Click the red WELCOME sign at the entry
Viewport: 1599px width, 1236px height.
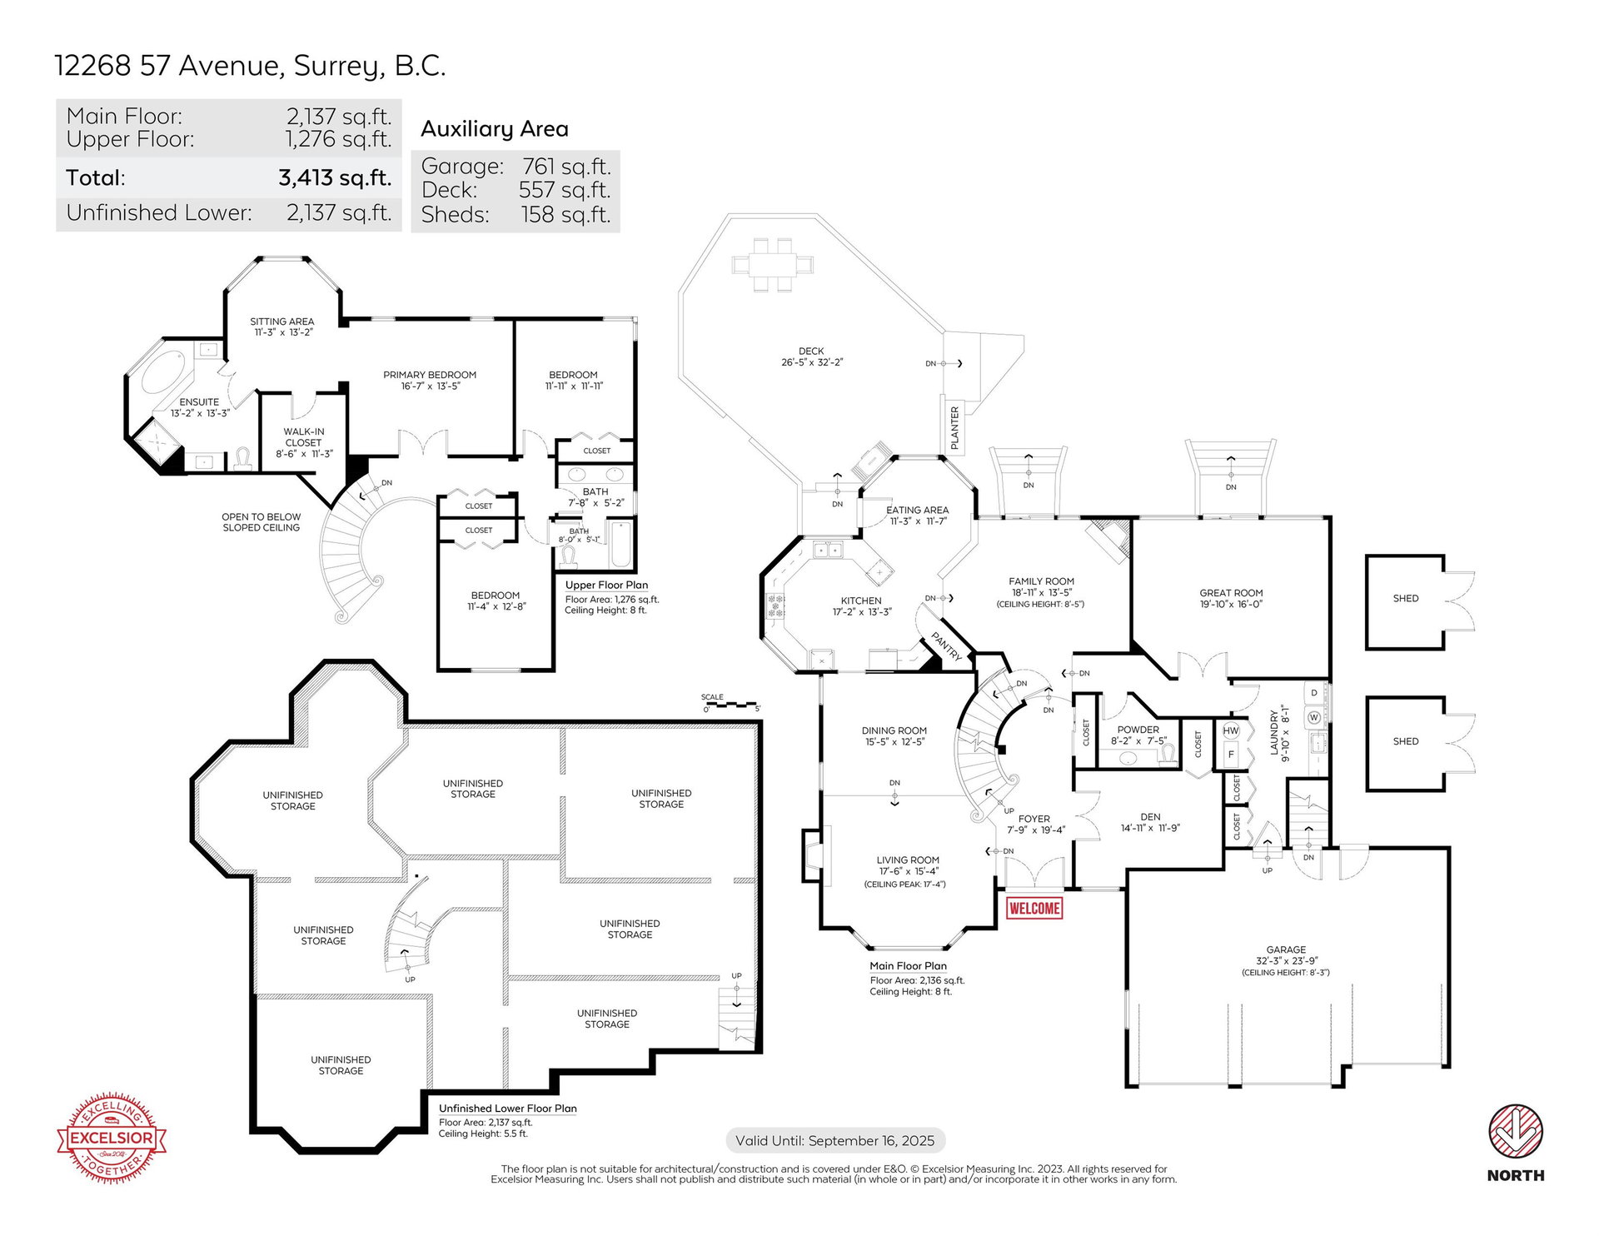tap(1034, 908)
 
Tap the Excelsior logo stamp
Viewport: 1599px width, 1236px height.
tap(112, 1137)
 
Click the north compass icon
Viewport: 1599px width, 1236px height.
tap(1516, 1132)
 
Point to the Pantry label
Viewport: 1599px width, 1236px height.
tap(947, 645)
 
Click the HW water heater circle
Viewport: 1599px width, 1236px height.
tap(1231, 730)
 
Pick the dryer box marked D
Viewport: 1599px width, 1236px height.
tap(1314, 693)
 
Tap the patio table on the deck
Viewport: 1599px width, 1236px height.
tap(772, 265)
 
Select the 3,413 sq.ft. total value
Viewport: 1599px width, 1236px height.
tap(335, 177)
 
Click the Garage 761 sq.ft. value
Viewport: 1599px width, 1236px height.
tap(566, 167)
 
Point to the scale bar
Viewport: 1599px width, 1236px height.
tap(731, 705)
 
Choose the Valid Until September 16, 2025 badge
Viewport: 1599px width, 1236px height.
tap(835, 1140)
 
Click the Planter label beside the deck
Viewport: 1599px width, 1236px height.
tap(954, 428)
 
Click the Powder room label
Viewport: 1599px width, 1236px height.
tap(1138, 730)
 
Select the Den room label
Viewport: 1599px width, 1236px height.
tap(1150, 817)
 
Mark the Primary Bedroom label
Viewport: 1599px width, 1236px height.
tap(430, 375)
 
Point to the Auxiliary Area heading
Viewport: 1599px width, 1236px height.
tap(495, 129)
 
